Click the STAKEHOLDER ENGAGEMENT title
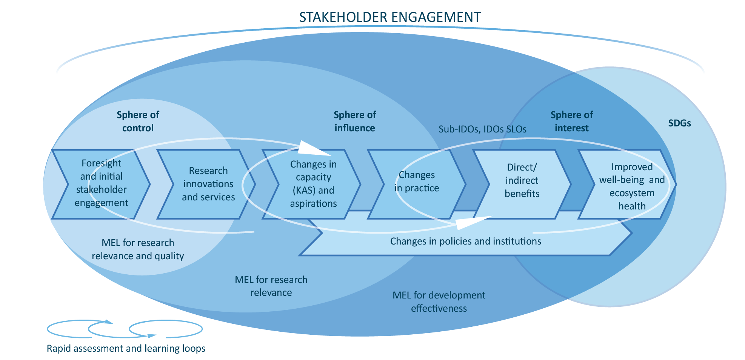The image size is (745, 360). [390, 17]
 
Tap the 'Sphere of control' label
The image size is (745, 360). [138, 121]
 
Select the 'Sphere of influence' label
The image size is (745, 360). [355, 121]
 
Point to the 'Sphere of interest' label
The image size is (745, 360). [571, 121]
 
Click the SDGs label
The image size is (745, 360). [679, 123]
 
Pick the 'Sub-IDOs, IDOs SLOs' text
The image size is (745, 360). [482, 129]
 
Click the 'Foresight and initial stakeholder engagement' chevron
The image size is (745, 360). [101, 183]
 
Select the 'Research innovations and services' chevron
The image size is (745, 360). [208, 184]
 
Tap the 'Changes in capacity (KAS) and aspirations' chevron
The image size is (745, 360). [313, 184]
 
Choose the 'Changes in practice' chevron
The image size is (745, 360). [417, 182]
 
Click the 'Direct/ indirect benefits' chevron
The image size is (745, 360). [522, 181]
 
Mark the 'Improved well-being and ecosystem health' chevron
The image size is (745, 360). [631, 186]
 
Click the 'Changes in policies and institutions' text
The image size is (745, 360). [465, 241]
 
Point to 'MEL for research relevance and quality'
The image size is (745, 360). [138, 249]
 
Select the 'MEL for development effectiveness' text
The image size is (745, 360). [439, 302]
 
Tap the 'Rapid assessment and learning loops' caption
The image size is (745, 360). [126, 348]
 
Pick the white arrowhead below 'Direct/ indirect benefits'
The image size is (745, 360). [472, 223]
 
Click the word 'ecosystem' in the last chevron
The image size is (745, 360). [631, 193]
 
